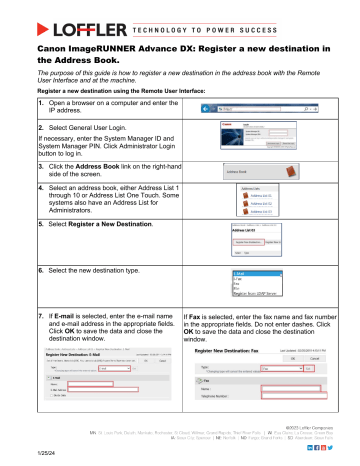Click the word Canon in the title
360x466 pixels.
point(57,47)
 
